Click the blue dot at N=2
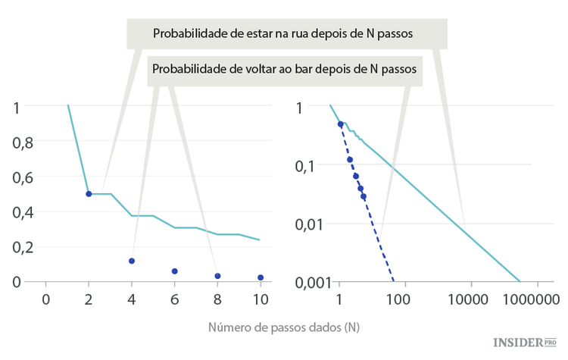tap(89, 194)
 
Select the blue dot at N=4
tap(132, 261)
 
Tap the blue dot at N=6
tap(174, 271)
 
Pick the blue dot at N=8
tap(217, 276)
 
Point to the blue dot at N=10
tap(261, 277)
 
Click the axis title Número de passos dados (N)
tap(284, 328)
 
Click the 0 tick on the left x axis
tap(45, 299)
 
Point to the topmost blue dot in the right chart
tap(340, 124)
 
